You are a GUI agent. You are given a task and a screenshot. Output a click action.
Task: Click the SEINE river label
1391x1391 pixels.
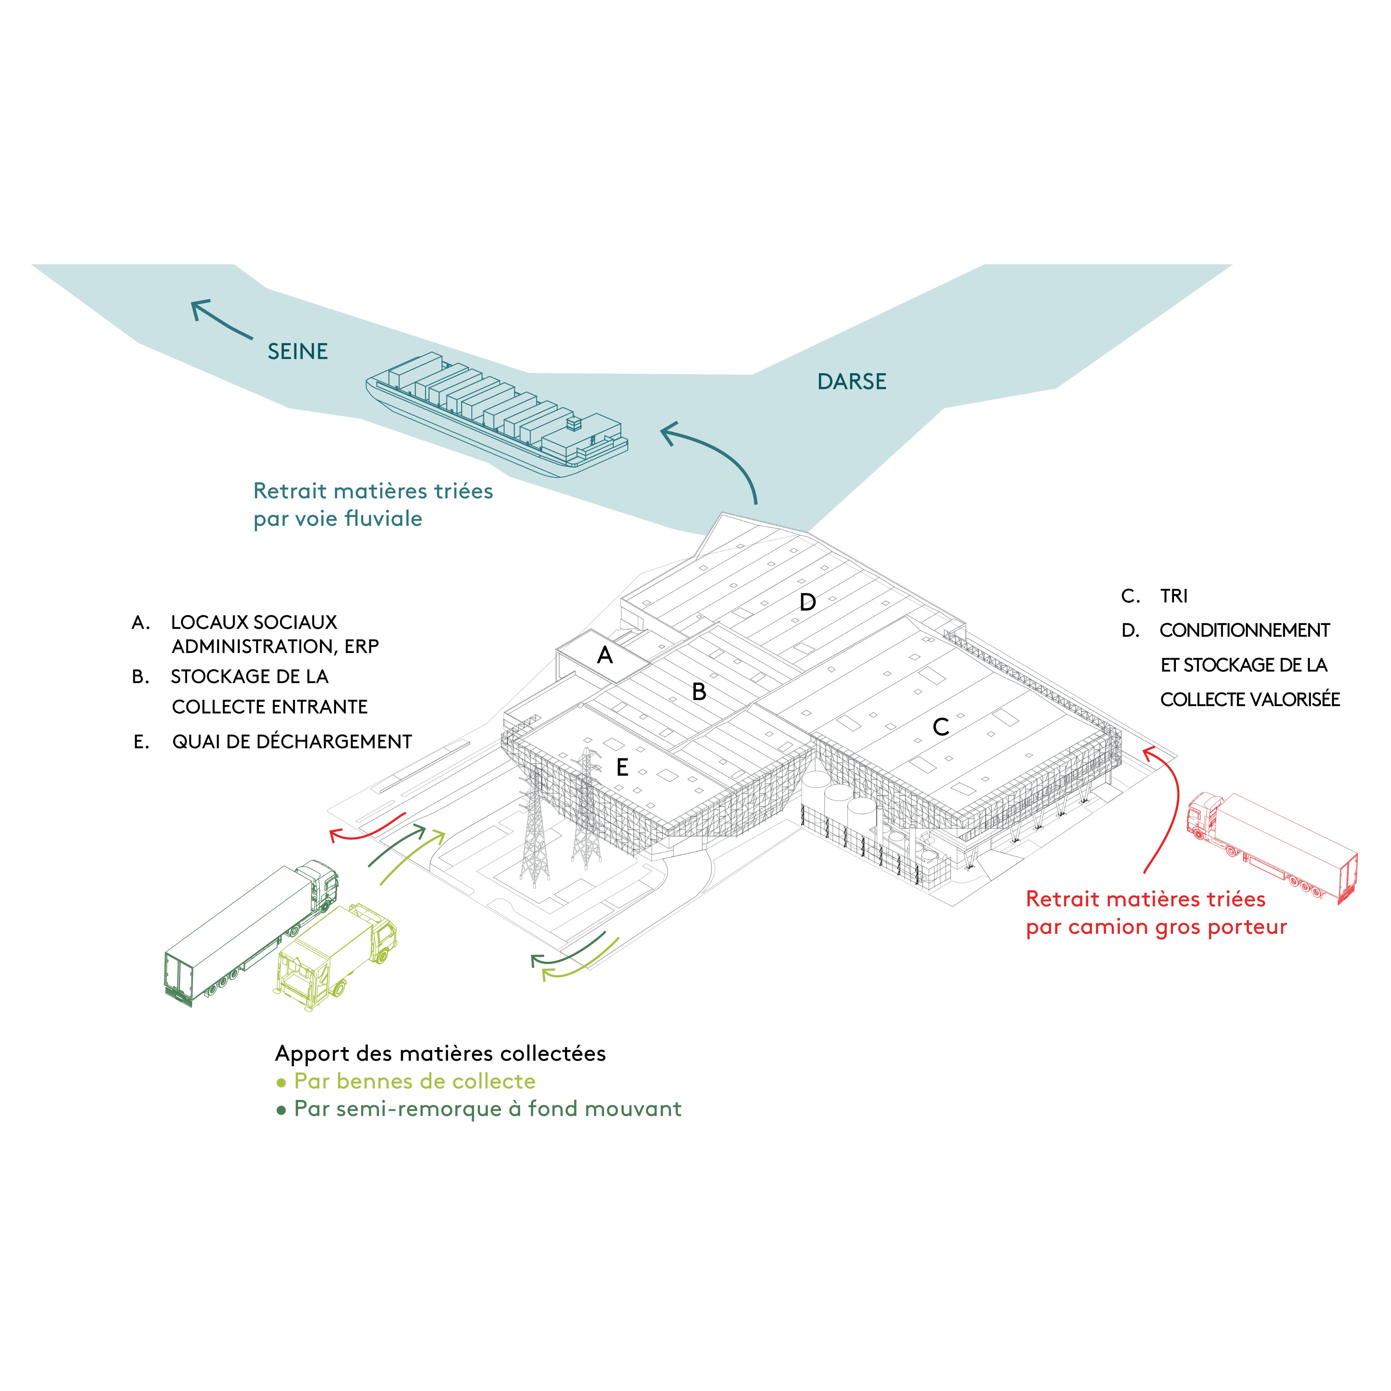[297, 351]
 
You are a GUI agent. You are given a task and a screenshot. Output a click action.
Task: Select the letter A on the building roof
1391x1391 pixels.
[605, 655]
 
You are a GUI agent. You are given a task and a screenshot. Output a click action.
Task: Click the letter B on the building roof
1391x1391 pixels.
[698, 692]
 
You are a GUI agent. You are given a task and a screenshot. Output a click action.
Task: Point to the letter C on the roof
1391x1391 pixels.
[940, 727]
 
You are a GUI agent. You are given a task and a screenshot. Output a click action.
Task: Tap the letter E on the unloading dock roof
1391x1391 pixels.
[622, 768]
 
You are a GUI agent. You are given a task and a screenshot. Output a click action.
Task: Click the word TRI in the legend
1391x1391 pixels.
[1174, 596]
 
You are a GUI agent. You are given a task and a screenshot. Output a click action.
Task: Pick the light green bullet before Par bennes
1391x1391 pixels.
[281, 1082]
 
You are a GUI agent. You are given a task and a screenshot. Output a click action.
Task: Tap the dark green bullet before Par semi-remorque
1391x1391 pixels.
[281, 1110]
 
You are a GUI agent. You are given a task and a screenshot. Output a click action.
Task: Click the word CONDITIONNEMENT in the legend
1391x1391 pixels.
[1244, 631]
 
